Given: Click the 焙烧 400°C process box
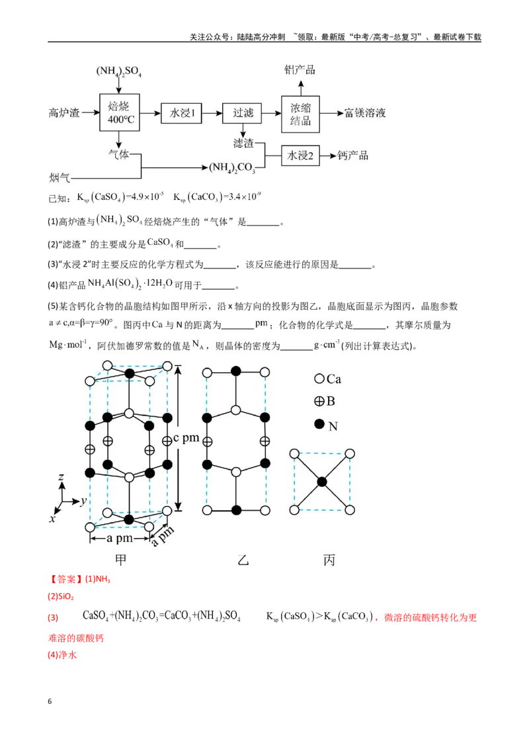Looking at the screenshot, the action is click(120, 112).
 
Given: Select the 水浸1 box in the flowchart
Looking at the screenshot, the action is click(181, 113).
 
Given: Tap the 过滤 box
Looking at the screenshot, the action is click(242, 113).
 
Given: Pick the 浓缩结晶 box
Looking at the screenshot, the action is click(300, 114).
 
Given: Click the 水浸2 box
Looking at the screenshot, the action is click(300, 155).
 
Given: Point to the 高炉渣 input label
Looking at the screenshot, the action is click(64, 113).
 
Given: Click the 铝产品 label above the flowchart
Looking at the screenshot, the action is click(300, 69).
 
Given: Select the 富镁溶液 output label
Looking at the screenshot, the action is click(365, 113).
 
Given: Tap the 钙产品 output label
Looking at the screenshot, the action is click(353, 155).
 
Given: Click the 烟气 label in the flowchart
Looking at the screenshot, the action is click(60, 178).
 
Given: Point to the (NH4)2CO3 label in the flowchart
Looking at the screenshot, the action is click(233, 167).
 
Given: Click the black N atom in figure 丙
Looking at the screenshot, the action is click(322, 482).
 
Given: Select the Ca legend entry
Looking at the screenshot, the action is click(327, 378).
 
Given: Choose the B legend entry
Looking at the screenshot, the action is click(325, 401).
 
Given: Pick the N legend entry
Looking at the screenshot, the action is click(326, 425).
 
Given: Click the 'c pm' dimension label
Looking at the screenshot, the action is click(186, 437).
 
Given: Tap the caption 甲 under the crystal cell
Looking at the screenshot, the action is click(121, 560).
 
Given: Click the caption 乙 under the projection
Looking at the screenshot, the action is click(243, 560).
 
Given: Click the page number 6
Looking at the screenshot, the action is click(50, 701).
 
